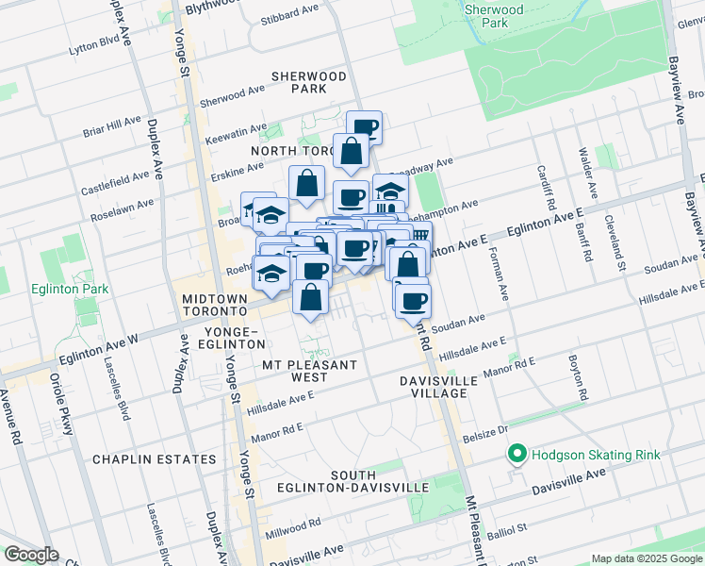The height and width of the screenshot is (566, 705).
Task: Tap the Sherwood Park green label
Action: click(494, 15)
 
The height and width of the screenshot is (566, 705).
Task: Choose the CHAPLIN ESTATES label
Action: click(154, 459)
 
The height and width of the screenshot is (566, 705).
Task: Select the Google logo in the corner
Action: click(30, 555)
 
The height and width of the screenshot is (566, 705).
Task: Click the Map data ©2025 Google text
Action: click(647, 558)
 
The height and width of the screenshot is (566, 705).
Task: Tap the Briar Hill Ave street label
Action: click(111, 127)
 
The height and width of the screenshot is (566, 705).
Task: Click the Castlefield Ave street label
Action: click(115, 176)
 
